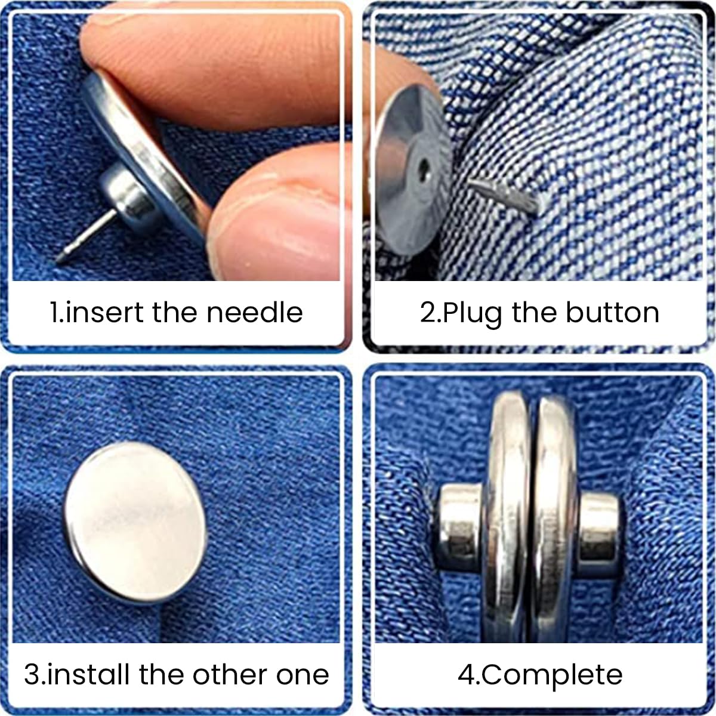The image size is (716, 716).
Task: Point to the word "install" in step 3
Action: [89, 675]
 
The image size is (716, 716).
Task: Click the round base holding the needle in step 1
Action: [128, 197]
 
